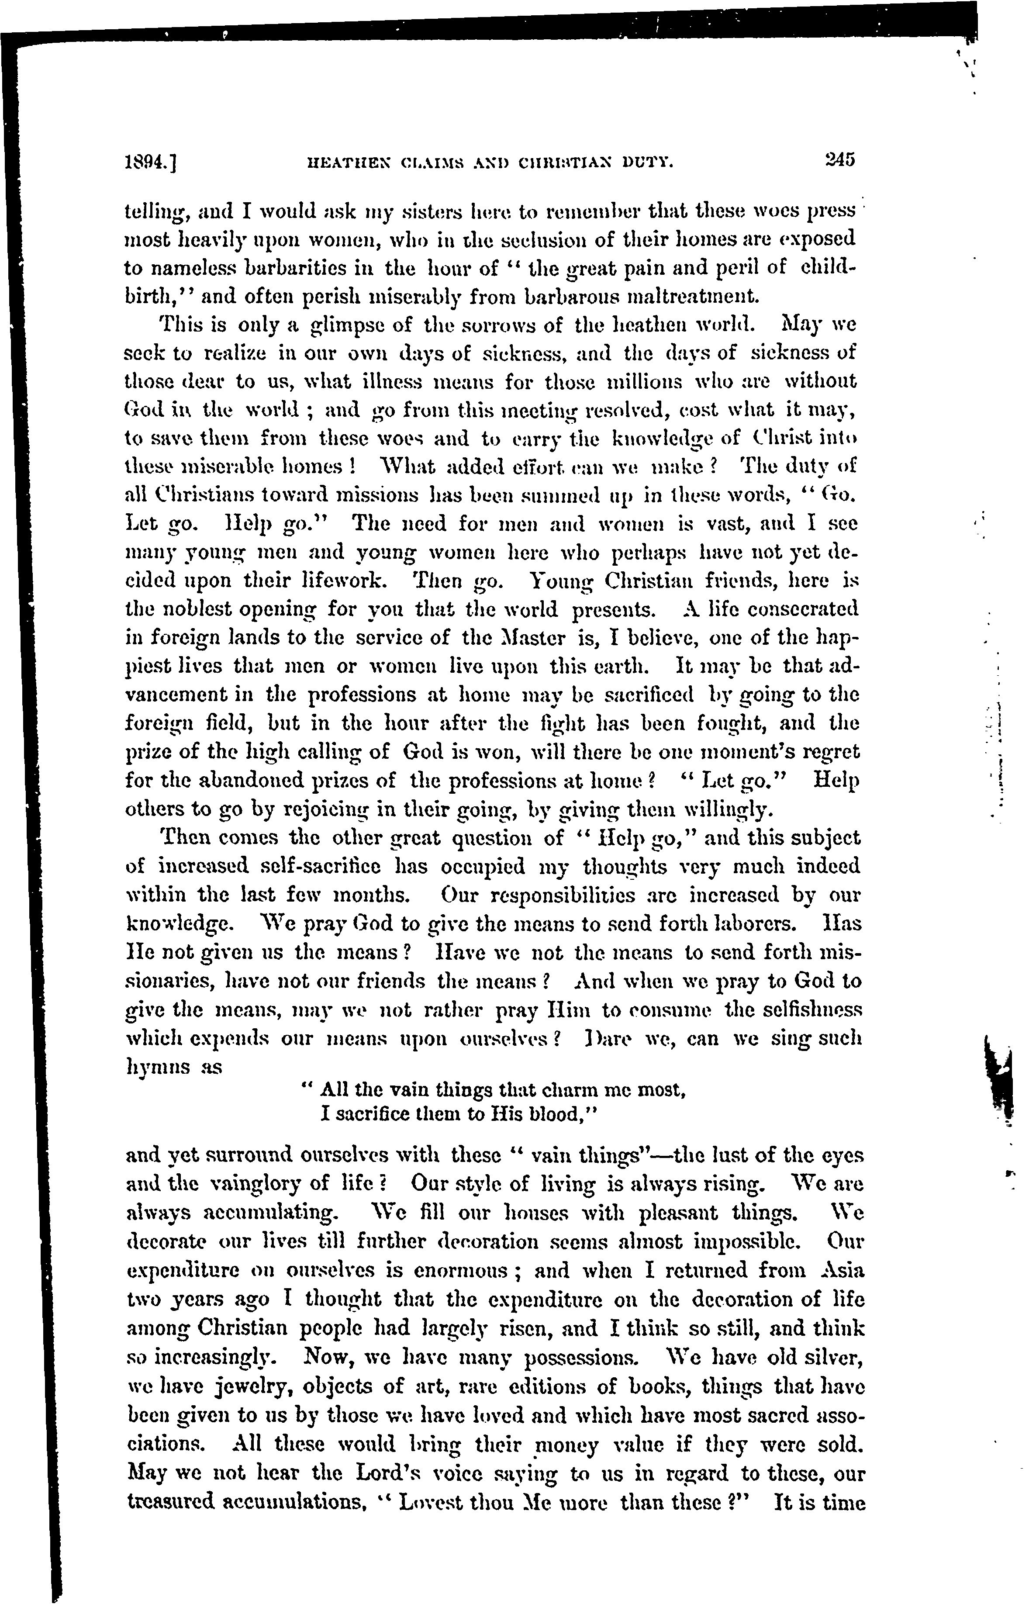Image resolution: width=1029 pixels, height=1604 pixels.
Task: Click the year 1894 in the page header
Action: tap(147, 162)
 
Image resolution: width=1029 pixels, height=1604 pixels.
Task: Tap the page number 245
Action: tap(839, 160)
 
